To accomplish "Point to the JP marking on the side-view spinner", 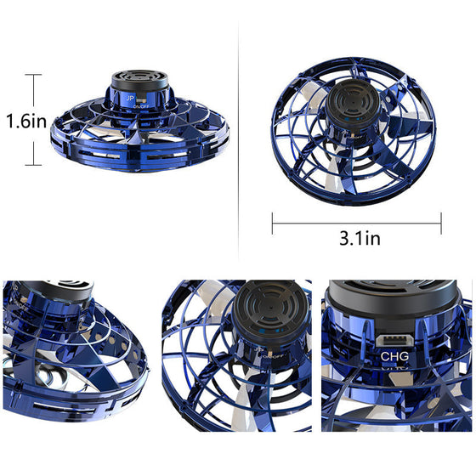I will [x=129, y=99].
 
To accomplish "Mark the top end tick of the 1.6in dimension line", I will [x=33, y=76].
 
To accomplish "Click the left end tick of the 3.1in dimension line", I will [x=272, y=224].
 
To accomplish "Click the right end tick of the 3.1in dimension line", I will [x=441, y=224].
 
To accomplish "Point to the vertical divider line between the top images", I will [x=238, y=127].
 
